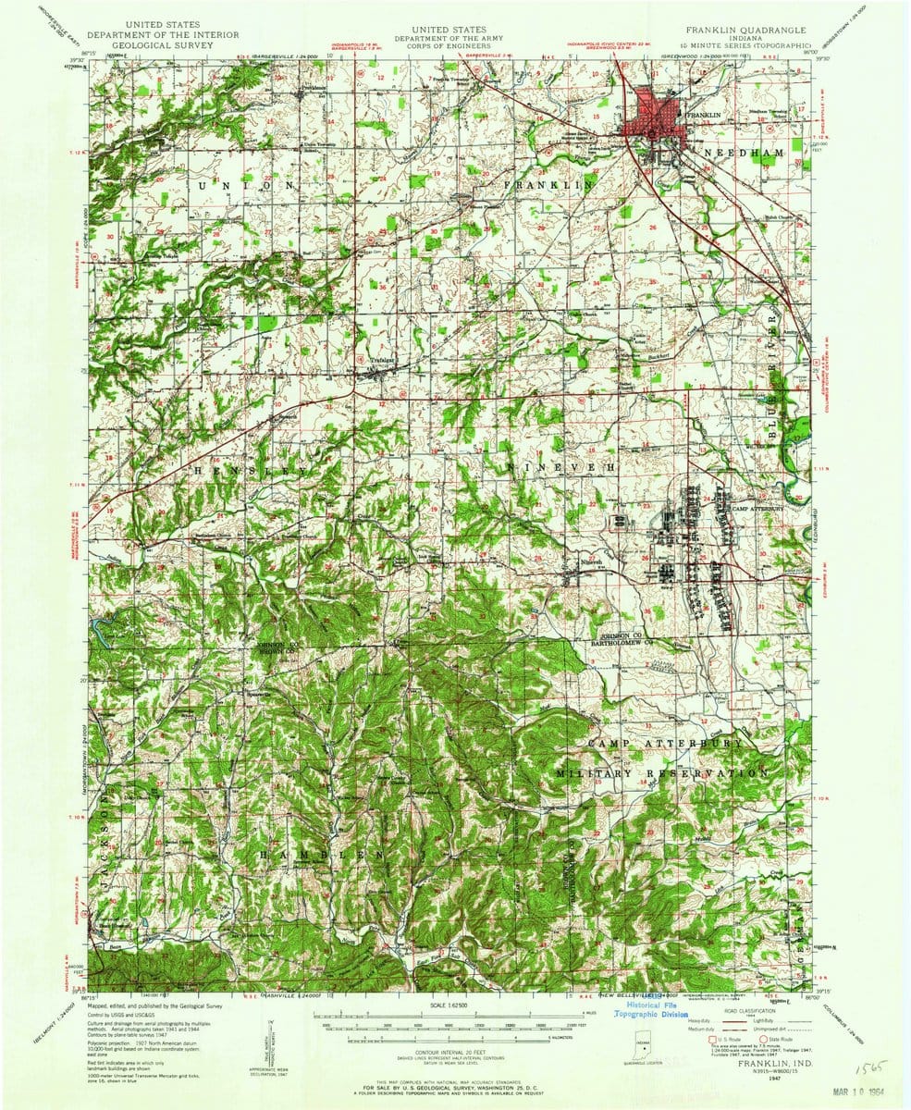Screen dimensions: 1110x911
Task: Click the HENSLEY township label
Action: coord(249,472)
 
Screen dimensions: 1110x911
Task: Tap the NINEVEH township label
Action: coord(561,469)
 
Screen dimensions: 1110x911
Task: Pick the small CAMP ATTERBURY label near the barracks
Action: coord(757,509)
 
